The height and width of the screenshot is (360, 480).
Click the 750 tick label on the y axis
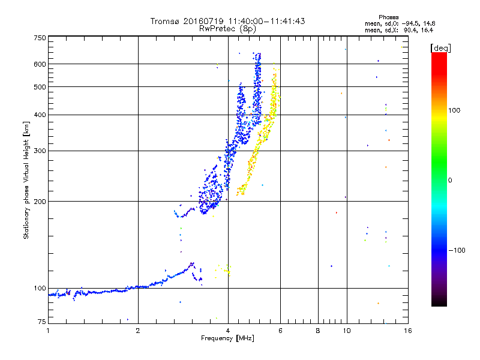[40, 37]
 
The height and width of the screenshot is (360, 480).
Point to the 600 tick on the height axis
[40, 64]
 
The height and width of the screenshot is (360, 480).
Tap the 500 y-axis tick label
[40, 87]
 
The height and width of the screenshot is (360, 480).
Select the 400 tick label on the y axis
[40, 115]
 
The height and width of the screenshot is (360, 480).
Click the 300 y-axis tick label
[40, 151]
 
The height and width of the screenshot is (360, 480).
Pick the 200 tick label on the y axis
[40, 201]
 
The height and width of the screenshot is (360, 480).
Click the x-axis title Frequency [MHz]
[227, 339]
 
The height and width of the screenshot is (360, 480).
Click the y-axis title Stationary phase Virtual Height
[26, 180]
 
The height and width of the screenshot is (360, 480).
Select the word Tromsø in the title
[166, 21]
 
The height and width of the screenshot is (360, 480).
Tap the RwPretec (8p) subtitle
[227, 28]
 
